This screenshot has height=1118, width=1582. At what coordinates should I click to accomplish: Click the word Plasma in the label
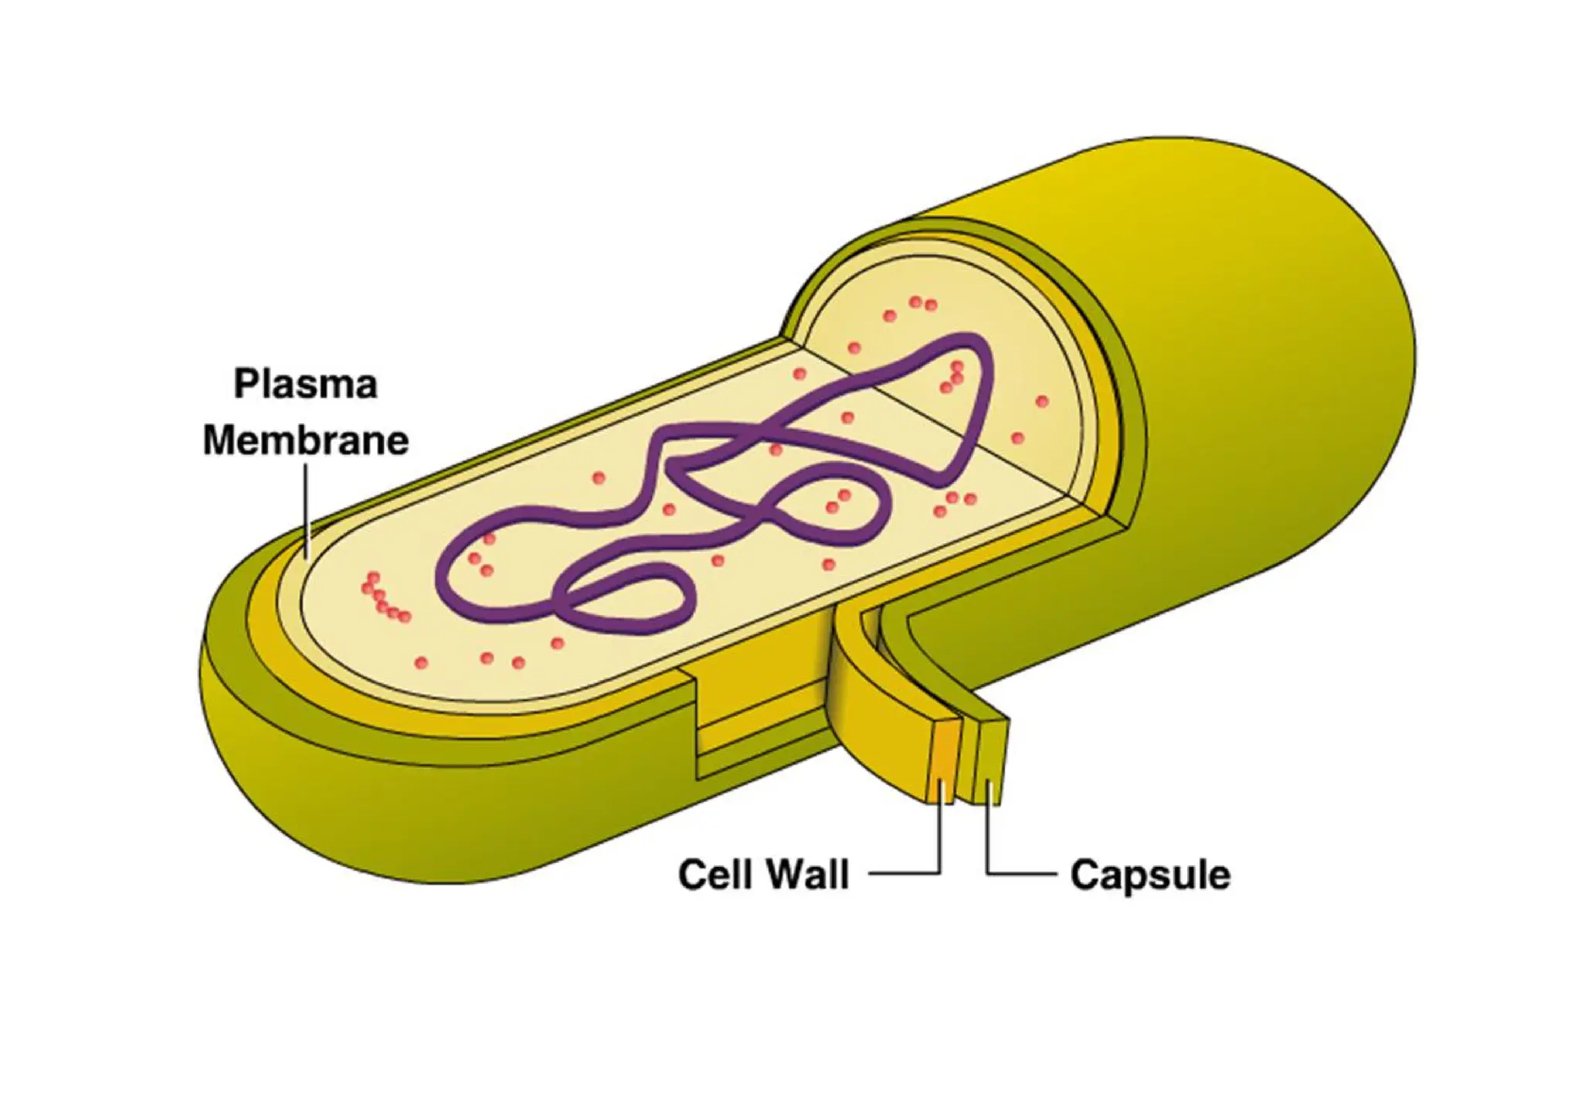click(x=305, y=384)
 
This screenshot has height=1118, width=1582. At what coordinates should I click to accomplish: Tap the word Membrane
click(x=305, y=440)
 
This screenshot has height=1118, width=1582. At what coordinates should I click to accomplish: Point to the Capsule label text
click(x=1149, y=875)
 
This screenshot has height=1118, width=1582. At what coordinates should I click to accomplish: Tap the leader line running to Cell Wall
click(x=939, y=842)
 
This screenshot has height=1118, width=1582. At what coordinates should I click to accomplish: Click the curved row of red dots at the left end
click(x=382, y=599)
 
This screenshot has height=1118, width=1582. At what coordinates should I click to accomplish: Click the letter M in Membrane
click(x=220, y=440)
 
